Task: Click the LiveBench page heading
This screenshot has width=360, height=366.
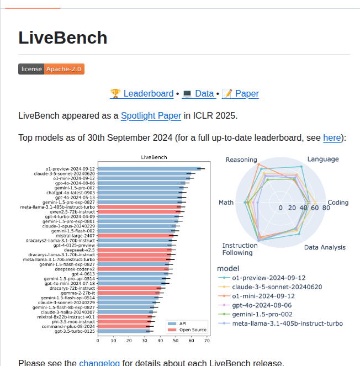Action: [62, 38]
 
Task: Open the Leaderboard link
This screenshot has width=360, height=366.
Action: [147, 93]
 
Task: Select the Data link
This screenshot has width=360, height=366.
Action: [204, 93]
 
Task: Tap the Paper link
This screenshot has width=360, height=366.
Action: [246, 93]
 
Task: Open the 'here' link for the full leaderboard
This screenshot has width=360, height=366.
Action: [332, 137]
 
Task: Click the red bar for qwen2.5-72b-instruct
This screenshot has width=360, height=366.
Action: [139, 211]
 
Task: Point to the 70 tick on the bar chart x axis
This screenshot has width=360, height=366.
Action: [207, 341]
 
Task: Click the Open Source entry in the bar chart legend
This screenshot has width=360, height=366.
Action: [192, 330]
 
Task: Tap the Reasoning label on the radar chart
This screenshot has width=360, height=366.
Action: [241, 160]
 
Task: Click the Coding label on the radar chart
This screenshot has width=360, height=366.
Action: [338, 203]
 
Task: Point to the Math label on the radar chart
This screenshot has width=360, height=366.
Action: [226, 203]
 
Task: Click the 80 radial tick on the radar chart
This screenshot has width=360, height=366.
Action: [326, 208]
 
